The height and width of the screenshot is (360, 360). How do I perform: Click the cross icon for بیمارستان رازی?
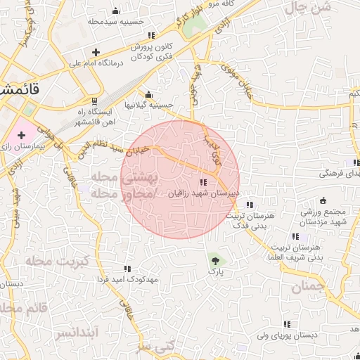click(22, 134)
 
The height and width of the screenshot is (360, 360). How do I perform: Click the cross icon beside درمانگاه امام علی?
click(96, 52)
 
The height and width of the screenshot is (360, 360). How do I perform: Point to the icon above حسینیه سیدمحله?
click(116, 11)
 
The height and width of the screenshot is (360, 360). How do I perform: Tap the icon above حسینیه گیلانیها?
click(148, 95)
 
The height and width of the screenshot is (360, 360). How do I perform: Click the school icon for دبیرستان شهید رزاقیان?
click(204, 181)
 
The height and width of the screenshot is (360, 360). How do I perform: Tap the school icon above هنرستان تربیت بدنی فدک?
click(248, 205)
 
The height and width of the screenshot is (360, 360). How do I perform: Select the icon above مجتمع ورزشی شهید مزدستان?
click(323, 200)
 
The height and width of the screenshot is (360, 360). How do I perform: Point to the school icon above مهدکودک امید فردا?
click(127, 269)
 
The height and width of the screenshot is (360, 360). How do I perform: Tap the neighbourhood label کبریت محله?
click(51, 260)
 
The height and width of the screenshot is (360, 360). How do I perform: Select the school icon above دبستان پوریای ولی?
click(287, 324)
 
